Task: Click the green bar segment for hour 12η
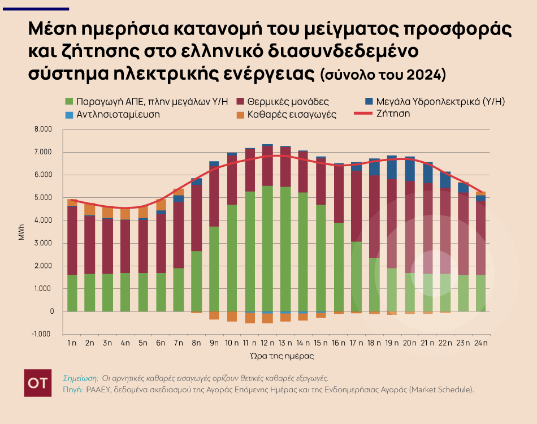[267, 249]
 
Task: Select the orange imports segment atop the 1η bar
[72, 202]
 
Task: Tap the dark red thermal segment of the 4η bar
[125, 246]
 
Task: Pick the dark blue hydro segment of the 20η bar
[410, 168]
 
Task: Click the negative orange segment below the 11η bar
[250, 318]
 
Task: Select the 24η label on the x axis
[481, 343]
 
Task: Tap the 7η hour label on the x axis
[179, 343]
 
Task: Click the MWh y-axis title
[21, 232]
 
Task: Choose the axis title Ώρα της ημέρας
[273, 357]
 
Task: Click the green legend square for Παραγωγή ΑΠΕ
[70, 102]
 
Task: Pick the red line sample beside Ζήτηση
[365, 114]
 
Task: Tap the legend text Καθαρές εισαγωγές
[293, 114]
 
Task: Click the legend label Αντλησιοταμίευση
[119, 114]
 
